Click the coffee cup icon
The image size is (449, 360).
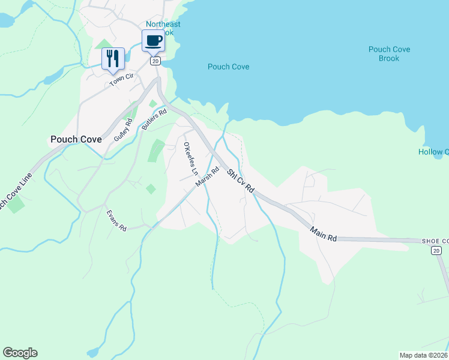152,41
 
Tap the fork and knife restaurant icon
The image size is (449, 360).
113,58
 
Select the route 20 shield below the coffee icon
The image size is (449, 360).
155,61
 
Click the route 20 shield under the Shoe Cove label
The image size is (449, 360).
436,250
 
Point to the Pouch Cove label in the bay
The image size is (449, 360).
228,67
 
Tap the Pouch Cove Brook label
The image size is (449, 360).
389,54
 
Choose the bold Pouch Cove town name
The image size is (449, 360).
76,139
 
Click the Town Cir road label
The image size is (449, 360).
121,81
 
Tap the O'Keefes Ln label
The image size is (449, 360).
190,158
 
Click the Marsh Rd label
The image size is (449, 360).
207,177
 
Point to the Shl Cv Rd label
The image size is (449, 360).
241,181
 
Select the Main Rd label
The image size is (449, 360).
324,233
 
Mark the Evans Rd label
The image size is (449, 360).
116,220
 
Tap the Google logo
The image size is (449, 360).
20,353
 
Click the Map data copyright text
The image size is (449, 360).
423,355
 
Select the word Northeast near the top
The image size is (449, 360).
163,24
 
